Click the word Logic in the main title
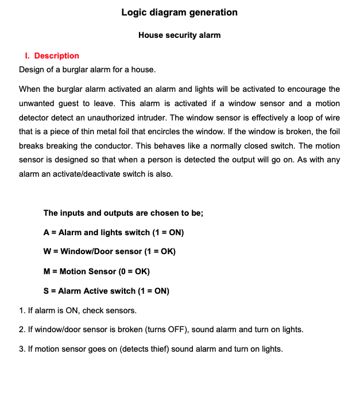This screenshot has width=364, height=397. [x=134, y=12]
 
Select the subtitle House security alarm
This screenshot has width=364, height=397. [x=179, y=35]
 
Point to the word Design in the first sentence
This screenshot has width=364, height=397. [x=32, y=70]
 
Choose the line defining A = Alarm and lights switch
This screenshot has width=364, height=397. [x=114, y=232]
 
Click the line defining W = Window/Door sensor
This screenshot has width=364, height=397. [x=110, y=251]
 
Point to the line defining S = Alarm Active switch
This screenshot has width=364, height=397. [x=106, y=290]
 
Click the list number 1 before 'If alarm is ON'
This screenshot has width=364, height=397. [x=22, y=310]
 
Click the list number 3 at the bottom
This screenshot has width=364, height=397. [x=22, y=349]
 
